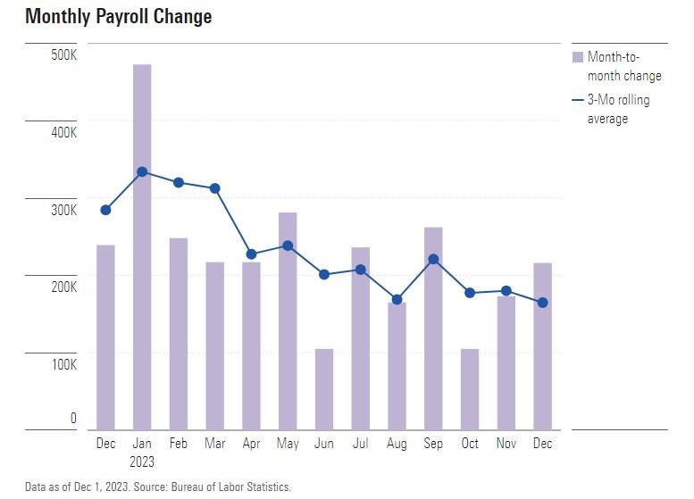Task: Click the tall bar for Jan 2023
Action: pos(142,246)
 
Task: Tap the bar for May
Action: pos(288,320)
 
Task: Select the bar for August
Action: pos(397,366)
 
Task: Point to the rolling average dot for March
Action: pos(214,188)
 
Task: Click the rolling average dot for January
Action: pos(142,171)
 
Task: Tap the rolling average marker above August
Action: pos(397,299)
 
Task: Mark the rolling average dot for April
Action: pos(251,254)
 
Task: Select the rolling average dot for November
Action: pos(506,290)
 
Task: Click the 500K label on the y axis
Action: pos(63,55)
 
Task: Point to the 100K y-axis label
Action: pos(63,365)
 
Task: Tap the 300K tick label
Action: pos(63,211)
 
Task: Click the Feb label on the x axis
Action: pos(178,444)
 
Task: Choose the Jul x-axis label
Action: pos(361,444)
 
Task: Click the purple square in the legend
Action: pos(577,57)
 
